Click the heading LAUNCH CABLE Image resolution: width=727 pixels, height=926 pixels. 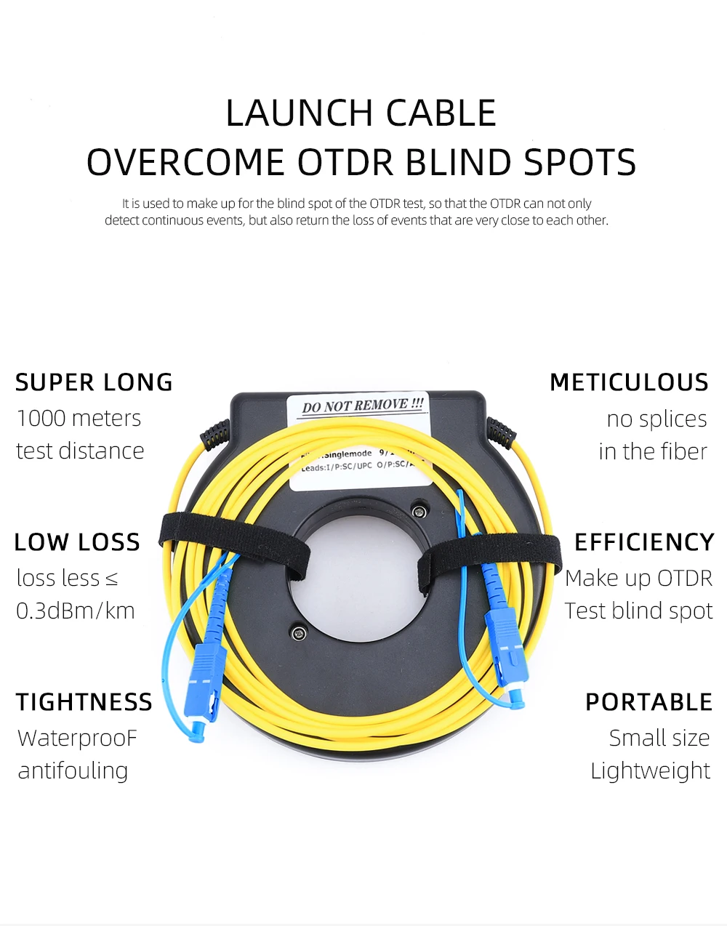coord(361,113)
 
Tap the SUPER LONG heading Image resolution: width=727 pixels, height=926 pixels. coord(94,382)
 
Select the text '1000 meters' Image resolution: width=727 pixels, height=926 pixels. coord(79,418)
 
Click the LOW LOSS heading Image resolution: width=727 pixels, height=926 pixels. coord(77,542)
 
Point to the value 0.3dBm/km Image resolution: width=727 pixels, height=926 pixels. coord(76,611)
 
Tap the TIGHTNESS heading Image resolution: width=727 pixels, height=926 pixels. coord(84,702)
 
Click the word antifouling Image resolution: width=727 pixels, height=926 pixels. coord(73,770)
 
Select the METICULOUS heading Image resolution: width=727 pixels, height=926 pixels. coord(629,382)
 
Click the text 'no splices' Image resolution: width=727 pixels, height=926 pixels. coord(656,419)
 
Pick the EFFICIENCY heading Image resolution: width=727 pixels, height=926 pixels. coord(644,542)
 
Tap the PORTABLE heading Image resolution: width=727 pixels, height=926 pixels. coord(648,702)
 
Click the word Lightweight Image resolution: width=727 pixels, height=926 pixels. coord(650,770)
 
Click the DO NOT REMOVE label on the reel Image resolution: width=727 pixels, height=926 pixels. coord(362,405)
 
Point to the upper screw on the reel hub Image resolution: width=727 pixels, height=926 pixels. coord(418,510)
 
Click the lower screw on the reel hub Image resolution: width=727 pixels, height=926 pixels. coord(299,633)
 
